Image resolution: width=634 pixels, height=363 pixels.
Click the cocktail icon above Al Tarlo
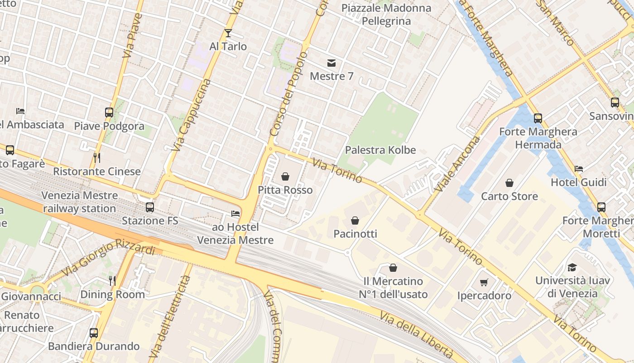click(228, 33)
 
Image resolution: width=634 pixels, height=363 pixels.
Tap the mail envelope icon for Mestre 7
click(331, 63)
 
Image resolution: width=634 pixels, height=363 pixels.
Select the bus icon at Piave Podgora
click(109, 112)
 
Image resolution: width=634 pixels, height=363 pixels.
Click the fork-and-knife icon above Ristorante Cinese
click(96, 158)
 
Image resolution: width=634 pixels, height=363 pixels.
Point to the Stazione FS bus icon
click(149, 207)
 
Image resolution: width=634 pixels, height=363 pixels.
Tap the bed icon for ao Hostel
click(235, 213)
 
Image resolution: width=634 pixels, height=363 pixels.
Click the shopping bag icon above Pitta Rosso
click(285, 176)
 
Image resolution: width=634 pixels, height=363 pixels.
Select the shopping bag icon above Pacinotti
click(355, 221)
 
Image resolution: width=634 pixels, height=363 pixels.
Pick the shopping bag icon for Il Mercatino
click(393, 268)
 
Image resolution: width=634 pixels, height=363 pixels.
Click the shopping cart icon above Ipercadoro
click(484, 282)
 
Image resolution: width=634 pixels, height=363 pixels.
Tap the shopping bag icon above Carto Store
click(509, 183)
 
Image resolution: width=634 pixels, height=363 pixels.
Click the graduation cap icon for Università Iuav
click(572, 267)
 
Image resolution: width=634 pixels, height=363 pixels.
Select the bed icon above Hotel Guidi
click(578, 169)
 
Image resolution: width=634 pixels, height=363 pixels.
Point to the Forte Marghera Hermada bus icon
click(538, 118)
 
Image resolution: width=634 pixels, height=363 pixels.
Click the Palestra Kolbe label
click(380, 150)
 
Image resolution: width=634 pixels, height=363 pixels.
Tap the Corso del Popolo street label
click(288, 93)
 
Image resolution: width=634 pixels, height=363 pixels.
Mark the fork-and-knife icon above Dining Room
click(112, 281)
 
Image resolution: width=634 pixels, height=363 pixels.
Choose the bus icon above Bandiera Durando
click(94, 333)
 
